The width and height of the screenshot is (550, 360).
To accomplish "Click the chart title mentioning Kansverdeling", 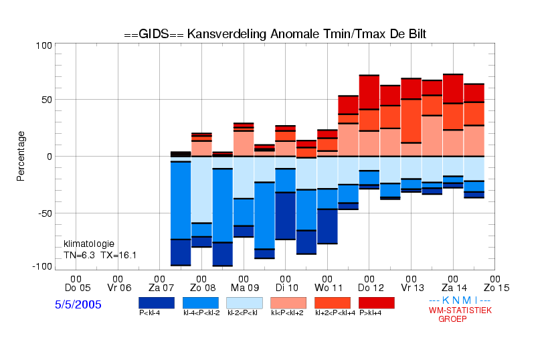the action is point(275,34).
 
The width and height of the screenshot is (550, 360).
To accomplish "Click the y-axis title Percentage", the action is point(21,156).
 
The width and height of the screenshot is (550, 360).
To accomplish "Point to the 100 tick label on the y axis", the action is point(44,46).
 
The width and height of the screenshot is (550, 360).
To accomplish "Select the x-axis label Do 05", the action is point(78,288).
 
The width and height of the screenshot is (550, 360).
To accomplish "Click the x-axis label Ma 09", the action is point(245,288).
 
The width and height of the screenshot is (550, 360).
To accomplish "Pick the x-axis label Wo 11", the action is point(329,288).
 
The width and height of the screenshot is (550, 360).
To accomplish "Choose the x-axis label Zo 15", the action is point(496,288).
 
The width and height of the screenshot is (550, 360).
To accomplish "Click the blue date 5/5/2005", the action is point(78,304).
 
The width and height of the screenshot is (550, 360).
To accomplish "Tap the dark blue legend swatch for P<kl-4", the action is point(157,303).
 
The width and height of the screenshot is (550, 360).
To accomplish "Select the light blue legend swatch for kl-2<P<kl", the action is point(244,303).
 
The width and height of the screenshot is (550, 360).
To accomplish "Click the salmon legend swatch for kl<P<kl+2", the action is point(288,303).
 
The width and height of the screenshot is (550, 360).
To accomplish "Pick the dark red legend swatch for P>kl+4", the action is point(377,303).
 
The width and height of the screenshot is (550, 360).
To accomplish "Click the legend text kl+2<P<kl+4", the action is point(335,313).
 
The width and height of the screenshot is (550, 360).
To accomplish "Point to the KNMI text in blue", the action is point(460,300).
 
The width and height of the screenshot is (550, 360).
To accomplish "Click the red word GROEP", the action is point(452,319).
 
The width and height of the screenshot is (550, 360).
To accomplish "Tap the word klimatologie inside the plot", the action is point(89,244).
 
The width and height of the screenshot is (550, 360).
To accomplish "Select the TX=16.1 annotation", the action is point(118,256).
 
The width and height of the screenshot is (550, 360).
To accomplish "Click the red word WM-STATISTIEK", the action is point(460,310).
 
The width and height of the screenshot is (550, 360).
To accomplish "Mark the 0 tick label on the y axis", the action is point(50,157).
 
